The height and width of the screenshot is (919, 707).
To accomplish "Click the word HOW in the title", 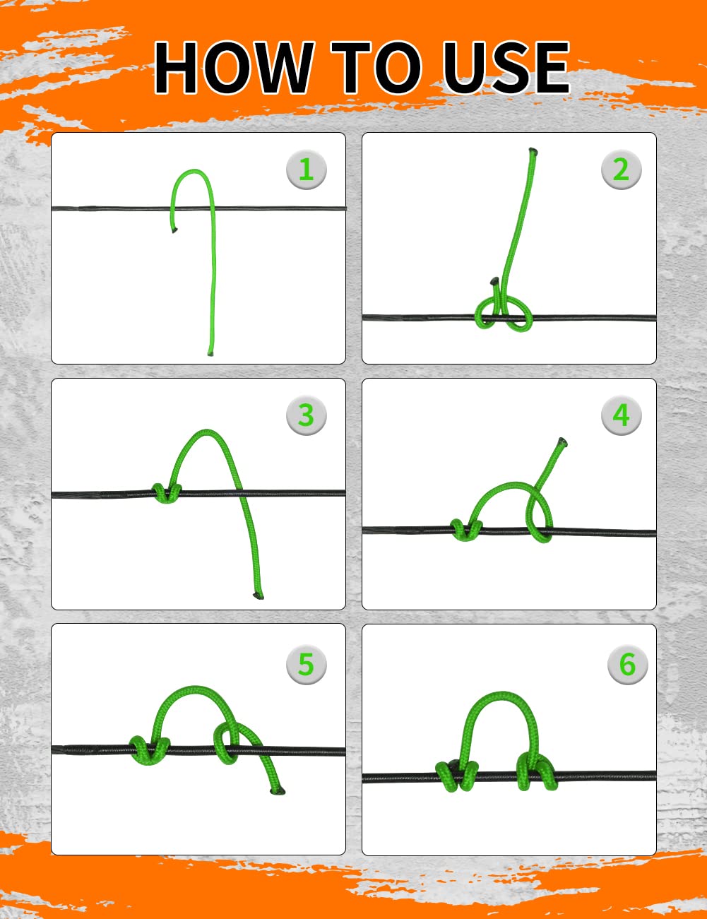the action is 234,67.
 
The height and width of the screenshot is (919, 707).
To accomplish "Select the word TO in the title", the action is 376,67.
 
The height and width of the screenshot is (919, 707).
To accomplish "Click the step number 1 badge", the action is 306,170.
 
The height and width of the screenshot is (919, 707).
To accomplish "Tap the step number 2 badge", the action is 621,170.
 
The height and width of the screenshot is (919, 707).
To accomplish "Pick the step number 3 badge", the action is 306,415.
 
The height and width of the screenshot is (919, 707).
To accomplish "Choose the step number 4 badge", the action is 621,415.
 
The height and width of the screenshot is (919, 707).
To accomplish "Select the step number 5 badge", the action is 306,663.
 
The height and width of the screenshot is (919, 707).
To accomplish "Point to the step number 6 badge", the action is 627,663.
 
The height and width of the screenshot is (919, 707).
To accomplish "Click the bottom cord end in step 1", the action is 210,353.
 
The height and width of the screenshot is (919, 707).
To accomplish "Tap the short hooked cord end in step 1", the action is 174,230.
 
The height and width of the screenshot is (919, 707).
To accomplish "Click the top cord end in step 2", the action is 533,150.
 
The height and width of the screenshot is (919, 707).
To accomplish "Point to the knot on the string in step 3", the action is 167,493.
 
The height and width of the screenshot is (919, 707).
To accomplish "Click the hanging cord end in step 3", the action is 258,596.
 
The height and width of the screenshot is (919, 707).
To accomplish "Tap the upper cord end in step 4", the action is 562,441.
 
